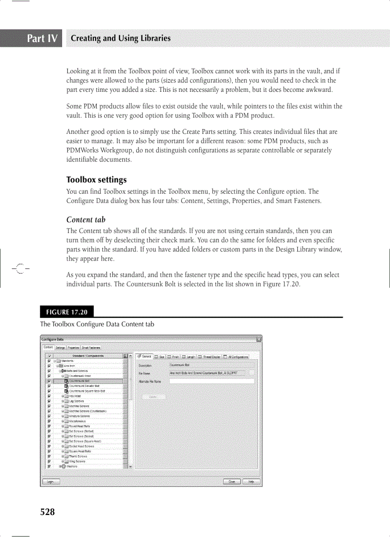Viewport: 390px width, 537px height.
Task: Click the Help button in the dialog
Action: [x=251, y=482]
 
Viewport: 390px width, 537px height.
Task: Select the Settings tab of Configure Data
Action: [x=60, y=348]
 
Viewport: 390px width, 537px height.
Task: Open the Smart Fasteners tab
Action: [x=91, y=348]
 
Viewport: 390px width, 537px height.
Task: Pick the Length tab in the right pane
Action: [x=187, y=356]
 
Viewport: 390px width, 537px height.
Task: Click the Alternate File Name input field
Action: [x=212, y=381]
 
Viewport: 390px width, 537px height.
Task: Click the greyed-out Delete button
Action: [x=153, y=397]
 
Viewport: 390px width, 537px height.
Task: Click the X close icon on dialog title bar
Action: [x=259, y=340]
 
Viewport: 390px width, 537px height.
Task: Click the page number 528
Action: [x=47, y=512]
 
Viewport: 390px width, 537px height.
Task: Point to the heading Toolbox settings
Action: [x=96, y=180]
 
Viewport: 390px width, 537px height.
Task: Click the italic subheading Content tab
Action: [x=86, y=219]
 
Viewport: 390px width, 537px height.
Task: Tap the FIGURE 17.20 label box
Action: [x=67, y=312]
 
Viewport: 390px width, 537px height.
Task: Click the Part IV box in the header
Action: [x=43, y=38]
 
